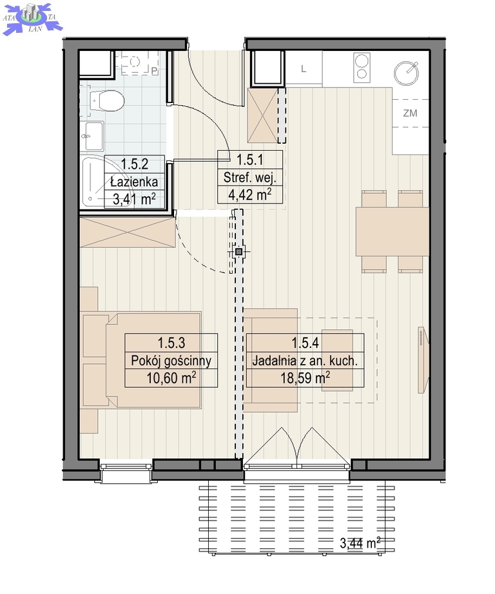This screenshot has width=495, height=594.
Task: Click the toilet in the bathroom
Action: pos(107,101)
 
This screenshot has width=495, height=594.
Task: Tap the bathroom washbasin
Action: pos(92,136)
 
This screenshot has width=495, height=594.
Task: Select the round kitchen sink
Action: pos(406,73)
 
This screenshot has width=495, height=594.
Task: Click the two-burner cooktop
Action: pos(362,68)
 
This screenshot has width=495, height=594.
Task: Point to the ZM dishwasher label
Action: pos(410,113)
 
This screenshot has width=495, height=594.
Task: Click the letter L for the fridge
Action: pos(303,69)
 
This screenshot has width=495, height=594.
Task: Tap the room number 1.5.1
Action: pos(250,160)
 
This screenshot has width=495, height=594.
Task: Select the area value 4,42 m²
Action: pos(250,195)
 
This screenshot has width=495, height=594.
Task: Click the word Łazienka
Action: pos(134,182)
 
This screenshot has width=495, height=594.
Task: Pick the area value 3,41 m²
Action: pos(134,198)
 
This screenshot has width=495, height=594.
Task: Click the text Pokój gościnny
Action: pos(171,361)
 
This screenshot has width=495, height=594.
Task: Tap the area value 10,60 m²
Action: pos(171,378)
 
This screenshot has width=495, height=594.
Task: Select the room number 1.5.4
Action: pos(305,343)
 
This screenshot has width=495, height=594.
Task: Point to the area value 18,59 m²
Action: pos(305,378)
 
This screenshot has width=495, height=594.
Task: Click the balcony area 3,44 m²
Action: pos(360,543)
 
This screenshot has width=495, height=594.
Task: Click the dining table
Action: pos(392,231)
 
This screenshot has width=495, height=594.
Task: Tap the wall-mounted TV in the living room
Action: pos(423,360)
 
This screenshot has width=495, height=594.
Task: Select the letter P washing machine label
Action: pos(154,71)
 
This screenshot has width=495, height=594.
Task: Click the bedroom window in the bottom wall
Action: pos(126,471)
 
